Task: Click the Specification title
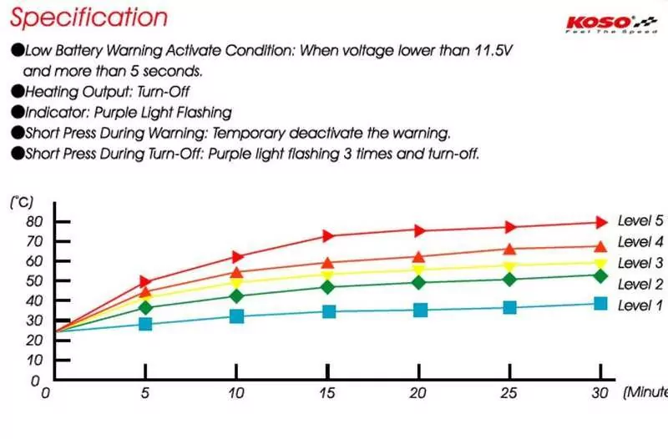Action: coord(89,18)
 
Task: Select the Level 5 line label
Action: coord(640,221)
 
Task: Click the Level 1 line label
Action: coord(640,305)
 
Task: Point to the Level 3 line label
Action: coord(640,263)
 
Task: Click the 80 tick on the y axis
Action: coord(34,221)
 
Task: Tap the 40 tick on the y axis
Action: coord(34,300)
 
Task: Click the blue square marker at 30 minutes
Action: coord(600,303)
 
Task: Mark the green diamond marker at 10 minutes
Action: coord(237,295)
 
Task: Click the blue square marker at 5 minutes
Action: coord(146,323)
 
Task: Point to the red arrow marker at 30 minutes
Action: coord(600,222)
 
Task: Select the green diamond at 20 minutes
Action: coord(419,282)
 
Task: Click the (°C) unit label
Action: coord(22,202)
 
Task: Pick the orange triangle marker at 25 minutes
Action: coord(510,249)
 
